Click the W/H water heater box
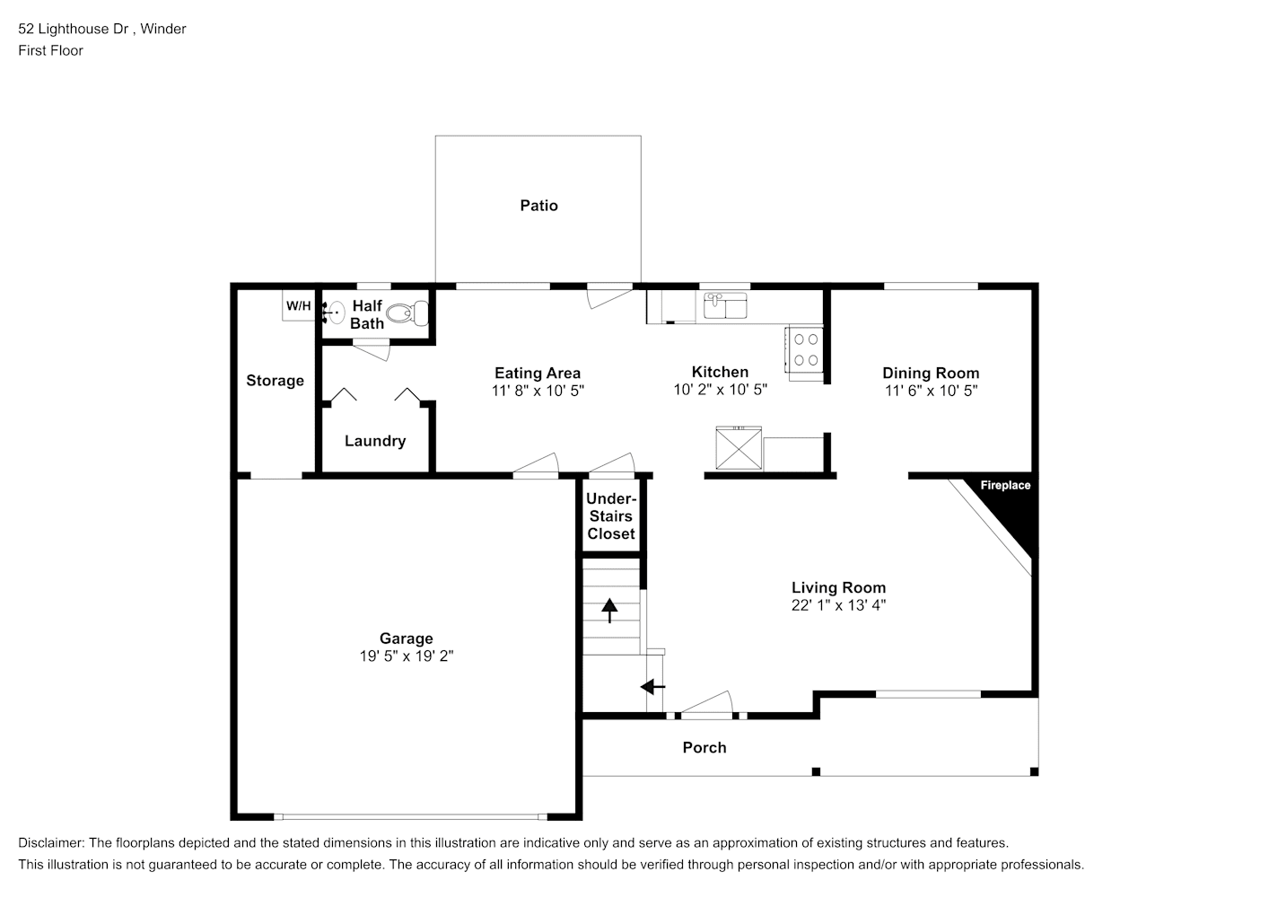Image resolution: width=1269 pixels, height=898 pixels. (299, 305)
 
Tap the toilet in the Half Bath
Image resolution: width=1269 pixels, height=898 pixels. (407, 313)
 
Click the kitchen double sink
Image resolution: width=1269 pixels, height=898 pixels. (725, 305)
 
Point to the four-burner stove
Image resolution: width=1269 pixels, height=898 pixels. (804, 349)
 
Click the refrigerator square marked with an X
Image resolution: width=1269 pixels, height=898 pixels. (739, 448)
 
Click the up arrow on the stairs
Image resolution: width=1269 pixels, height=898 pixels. (609, 611)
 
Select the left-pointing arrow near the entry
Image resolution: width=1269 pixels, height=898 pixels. (652, 687)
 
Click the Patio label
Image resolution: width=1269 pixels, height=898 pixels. (538, 206)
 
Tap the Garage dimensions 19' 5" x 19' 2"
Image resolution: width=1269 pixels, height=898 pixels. (407, 656)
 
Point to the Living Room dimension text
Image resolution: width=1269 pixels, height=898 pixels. (838, 605)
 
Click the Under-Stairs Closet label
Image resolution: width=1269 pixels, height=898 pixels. (610, 515)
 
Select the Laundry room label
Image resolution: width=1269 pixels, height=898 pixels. (375, 441)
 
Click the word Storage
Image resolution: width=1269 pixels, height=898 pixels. (275, 381)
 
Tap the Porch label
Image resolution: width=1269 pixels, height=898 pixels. (705, 747)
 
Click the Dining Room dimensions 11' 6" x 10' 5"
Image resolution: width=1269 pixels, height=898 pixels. (931, 391)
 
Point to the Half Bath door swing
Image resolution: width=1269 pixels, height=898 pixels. (371, 350)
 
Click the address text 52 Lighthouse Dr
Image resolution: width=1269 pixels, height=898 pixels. (73, 29)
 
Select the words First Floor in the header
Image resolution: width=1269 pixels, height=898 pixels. (50, 50)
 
